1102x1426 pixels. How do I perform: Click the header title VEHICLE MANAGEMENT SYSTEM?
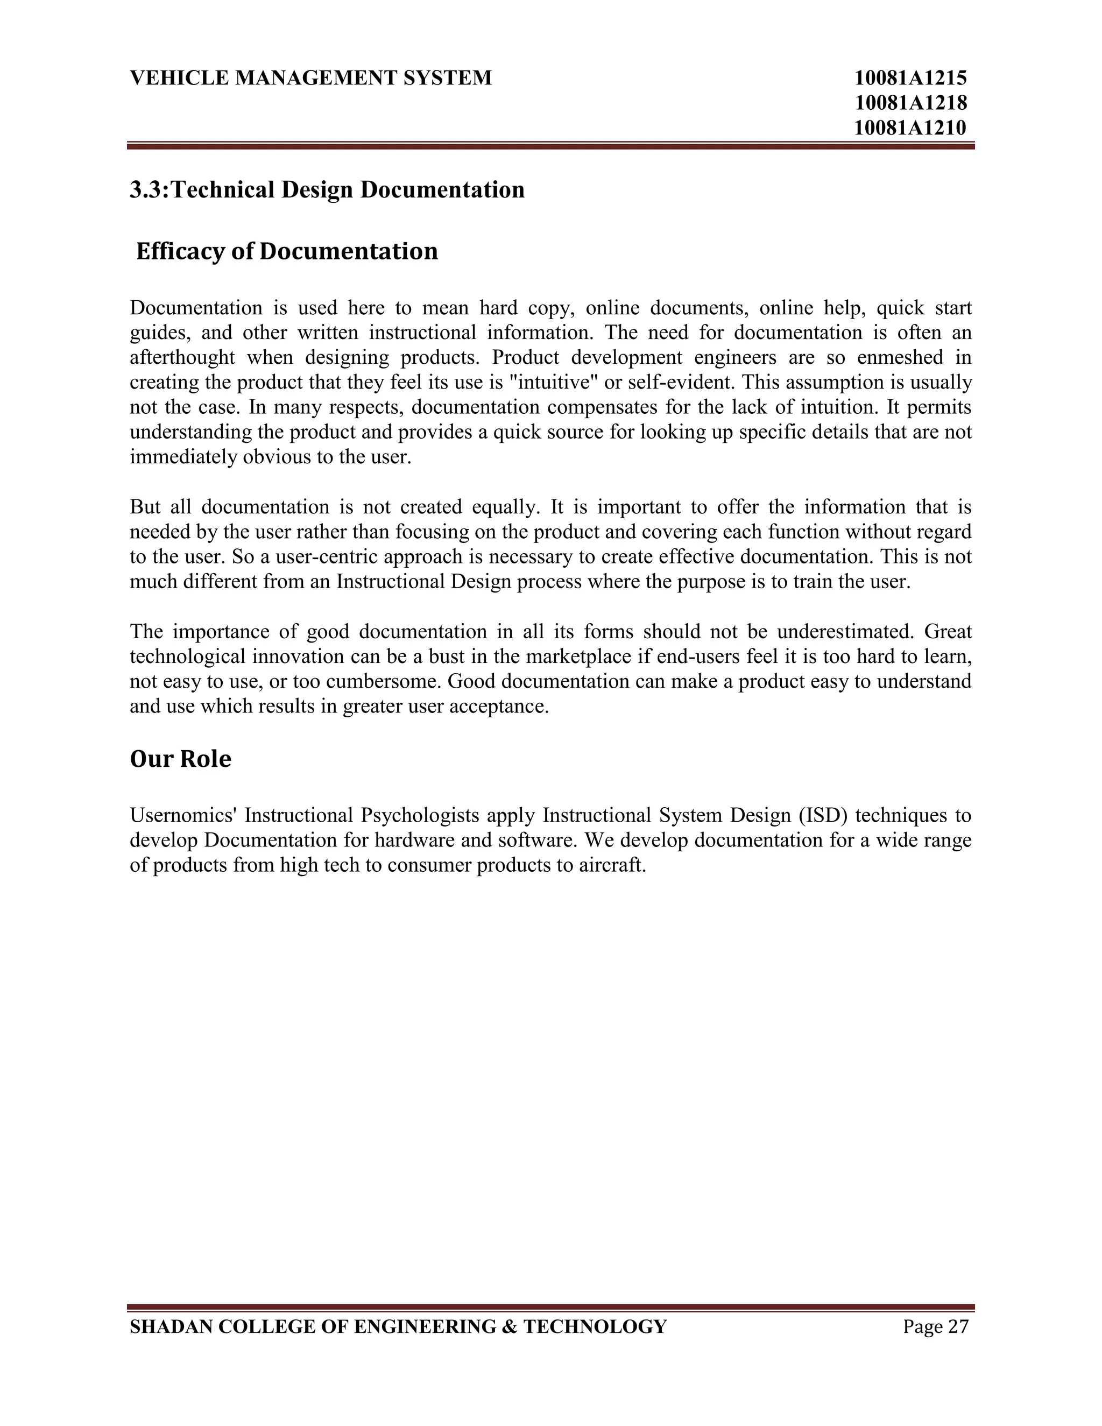coord(311,79)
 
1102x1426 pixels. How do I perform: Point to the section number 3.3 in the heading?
coord(145,190)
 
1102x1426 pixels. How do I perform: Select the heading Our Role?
coord(180,759)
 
